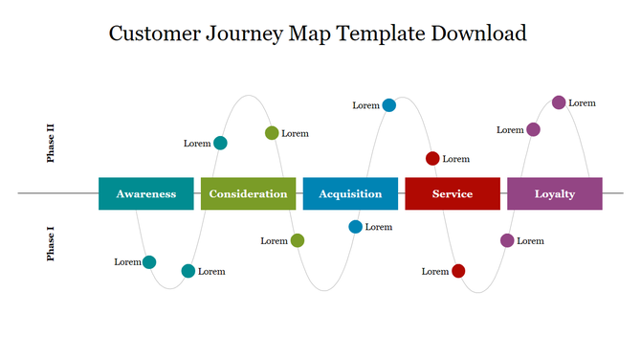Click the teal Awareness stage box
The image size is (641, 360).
146,193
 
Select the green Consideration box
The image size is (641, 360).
248,193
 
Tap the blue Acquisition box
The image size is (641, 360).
350,193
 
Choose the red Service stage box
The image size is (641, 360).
453,193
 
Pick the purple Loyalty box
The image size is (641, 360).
555,193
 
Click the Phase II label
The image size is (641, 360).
51,143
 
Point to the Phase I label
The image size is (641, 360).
51,244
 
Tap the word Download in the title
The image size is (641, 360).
478,34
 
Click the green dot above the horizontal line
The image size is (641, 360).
272,133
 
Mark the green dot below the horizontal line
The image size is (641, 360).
298,240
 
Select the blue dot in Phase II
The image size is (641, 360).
389,105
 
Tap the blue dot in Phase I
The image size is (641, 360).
356,227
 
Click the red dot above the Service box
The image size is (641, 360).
432,158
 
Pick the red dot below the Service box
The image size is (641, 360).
458,271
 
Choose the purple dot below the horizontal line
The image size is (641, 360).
507,240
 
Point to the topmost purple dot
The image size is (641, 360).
559,102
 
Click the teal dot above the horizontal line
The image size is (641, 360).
220,144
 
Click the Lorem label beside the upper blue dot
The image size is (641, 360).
365,105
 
